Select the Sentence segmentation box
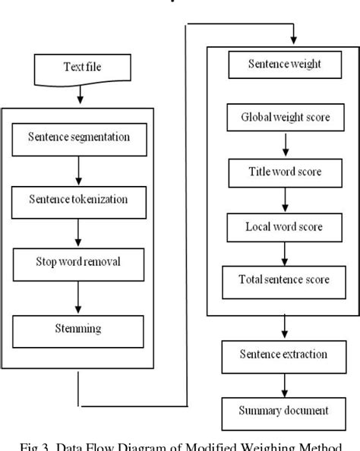[x=77, y=138]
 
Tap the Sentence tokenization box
[x=77, y=200]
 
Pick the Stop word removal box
[x=77, y=263]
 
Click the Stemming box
[x=77, y=330]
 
